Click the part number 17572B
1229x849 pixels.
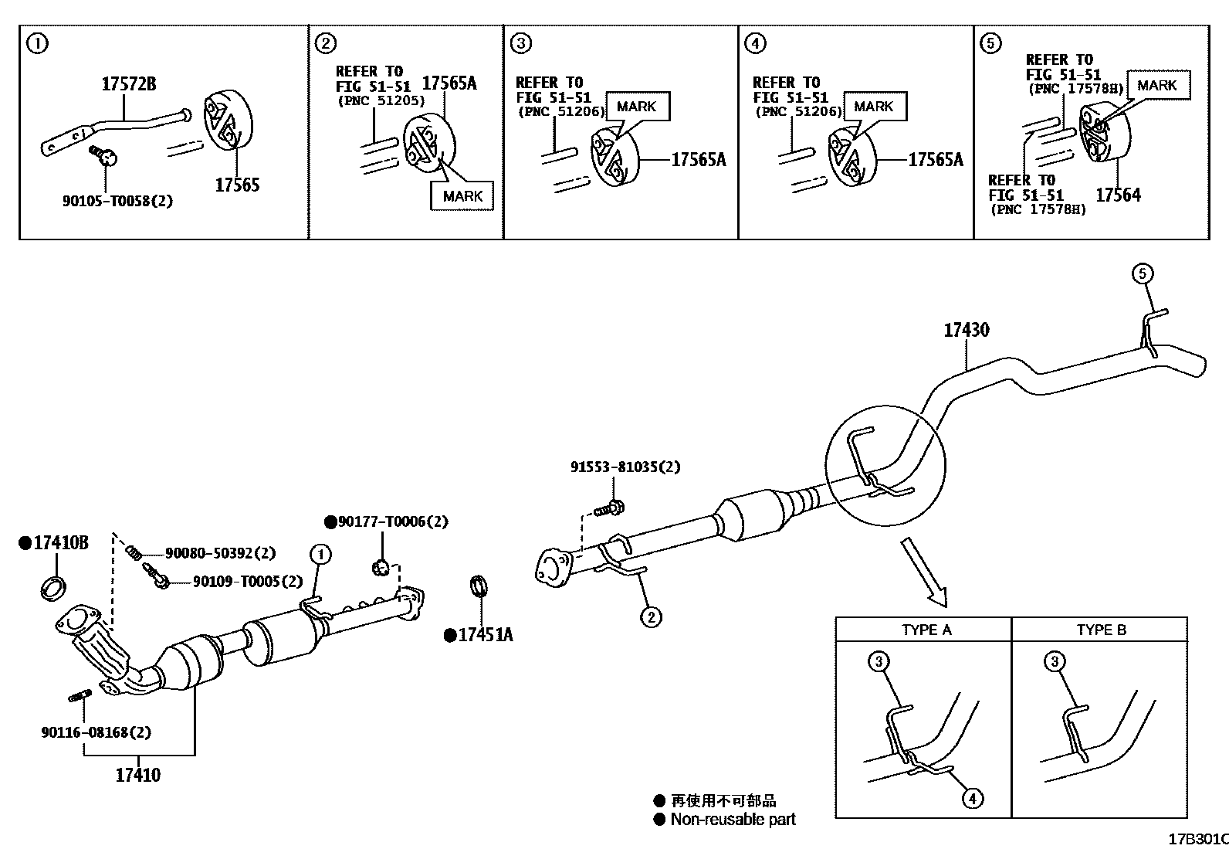(x=128, y=84)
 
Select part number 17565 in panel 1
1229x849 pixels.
(x=237, y=185)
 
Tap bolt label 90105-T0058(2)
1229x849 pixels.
(x=117, y=201)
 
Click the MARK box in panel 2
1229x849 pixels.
(x=462, y=196)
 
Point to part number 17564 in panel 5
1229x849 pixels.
(x=1118, y=195)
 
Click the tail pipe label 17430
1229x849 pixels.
(x=966, y=331)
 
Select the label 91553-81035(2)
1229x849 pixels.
(x=625, y=467)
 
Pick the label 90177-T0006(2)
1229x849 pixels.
(x=392, y=522)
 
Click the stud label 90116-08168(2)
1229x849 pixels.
(x=96, y=732)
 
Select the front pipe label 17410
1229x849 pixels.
(x=138, y=774)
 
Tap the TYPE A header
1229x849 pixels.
(x=926, y=630)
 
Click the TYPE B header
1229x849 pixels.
(x=1101, y=630)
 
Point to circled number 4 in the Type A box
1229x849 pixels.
(x=973, y=797)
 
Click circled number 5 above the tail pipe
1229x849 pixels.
(x=1143, y=273)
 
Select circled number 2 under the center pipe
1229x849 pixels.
(x=651, y=616)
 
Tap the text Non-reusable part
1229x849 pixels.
(x=732, y=820)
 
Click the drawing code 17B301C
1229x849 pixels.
(x=1197, y=839)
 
